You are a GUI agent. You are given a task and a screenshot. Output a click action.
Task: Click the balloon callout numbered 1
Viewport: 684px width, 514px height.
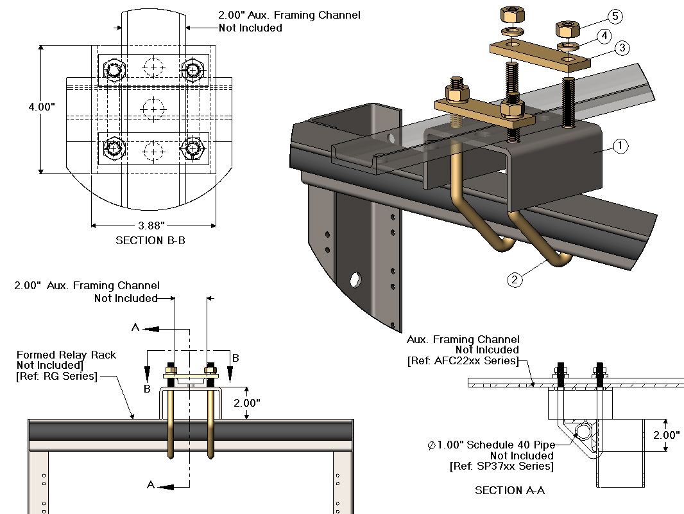point(620,146)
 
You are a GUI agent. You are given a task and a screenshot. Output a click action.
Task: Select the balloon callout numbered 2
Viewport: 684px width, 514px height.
point(514,279)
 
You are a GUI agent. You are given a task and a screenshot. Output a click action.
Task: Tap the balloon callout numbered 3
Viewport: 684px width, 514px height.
point(620,48)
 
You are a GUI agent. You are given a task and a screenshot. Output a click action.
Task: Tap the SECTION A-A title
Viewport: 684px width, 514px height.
point(510,490)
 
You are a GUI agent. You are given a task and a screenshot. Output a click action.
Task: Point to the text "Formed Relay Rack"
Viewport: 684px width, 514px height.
point(67,355)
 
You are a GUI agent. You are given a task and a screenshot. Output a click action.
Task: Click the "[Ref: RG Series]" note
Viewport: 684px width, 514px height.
point(56,376)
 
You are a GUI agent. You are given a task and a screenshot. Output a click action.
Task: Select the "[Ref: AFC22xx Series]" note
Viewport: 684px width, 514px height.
point(463,360)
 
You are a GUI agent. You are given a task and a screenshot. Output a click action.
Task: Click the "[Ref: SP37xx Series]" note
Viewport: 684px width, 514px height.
point(502,466)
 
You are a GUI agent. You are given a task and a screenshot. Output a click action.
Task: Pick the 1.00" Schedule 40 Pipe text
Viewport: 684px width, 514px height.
point(490,445)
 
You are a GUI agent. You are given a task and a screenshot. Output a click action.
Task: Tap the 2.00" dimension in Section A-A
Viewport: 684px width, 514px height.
point(667,435)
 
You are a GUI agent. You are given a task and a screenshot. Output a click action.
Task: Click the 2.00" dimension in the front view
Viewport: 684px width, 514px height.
point(246,403)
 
